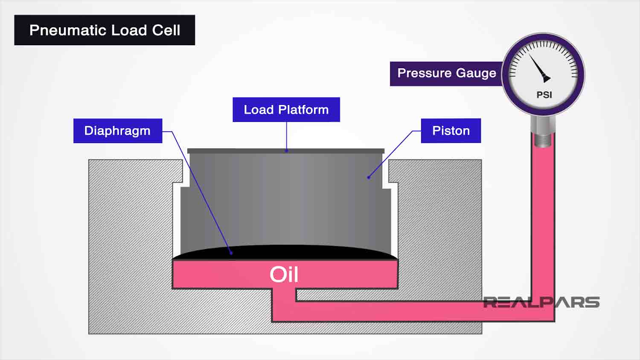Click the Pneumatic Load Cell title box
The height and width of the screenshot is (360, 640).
(x=105, y=30)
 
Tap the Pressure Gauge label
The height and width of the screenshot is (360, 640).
(x=446, y=73)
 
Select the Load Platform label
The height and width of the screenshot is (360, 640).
(x=286, y=110)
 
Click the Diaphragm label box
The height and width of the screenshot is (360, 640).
(x=117, y=131)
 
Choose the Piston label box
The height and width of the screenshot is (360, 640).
(x=451, y=131)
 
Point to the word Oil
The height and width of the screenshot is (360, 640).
(x=284, y=274)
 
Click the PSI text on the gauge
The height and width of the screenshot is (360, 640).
(x=544, y=95)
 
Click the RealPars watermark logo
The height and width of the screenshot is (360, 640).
(x=541, y=302)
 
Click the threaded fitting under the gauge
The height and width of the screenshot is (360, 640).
(x=543, y=140)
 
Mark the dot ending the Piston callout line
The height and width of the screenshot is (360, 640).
(x=369, y=177)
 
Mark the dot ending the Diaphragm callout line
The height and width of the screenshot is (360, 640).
(x=231, y=253)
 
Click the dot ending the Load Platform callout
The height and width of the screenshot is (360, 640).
(x=286, y=151)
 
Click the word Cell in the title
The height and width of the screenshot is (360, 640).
(x=166, y=30)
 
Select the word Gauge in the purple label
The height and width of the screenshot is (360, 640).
(x=475, y=73)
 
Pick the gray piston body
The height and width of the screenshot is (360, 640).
(x=286, y=200)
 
